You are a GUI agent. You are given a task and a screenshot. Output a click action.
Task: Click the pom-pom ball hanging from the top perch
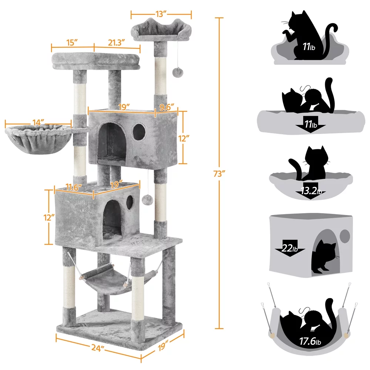(176, 71)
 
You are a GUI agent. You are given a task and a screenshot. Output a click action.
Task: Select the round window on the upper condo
(139, 132)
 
